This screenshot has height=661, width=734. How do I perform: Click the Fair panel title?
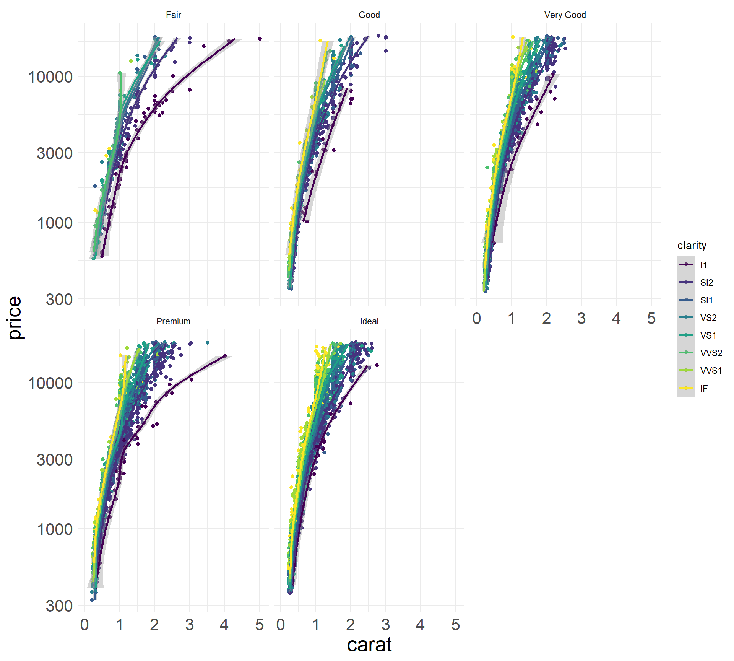pyautogui.click(x=173, y=15)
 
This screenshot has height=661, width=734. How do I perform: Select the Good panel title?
pyautogui.click(x=369, y=15)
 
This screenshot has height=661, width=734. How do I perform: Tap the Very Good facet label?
pyautogui.click(x=565, y=15)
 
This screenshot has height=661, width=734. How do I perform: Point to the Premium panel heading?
pyautogui.click(x=173, y=321)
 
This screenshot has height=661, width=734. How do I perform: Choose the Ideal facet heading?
pyautogui.click(x=369, y=321)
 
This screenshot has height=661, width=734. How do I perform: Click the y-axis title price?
pyautogui.click(x=15, y=317)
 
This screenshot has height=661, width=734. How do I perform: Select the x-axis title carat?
pyautogui.click(x=369, y=645)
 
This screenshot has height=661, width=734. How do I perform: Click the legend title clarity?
pyautogui.click(x=692, y=245)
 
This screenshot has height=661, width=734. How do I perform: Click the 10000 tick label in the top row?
pyautogui.click(x=50, y=77)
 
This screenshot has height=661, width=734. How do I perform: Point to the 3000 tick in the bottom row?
pyautogui.click(x=55, y=460)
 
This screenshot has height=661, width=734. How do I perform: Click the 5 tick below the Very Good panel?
pyautogui.click(x=651, y=318)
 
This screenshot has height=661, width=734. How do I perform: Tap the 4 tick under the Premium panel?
pyautogui.click(x=224, y=625)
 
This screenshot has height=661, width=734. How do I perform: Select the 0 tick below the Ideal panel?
pyautogui.click(x=281, y=625)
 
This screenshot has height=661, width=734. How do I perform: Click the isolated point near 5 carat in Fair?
pyautogui.click(x=260, y=39)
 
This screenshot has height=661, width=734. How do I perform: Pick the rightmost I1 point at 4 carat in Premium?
pyautogui.click(x=225, y=356)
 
